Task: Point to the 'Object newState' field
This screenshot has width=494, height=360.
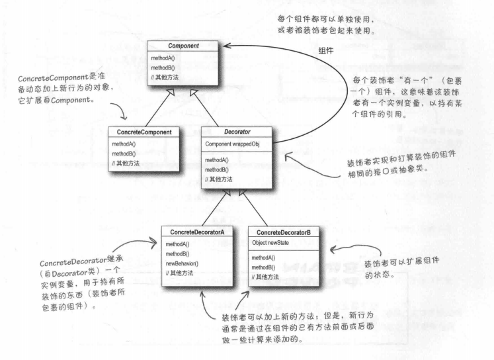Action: (272, 243)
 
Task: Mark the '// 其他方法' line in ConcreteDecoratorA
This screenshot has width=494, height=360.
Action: (185, 273)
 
